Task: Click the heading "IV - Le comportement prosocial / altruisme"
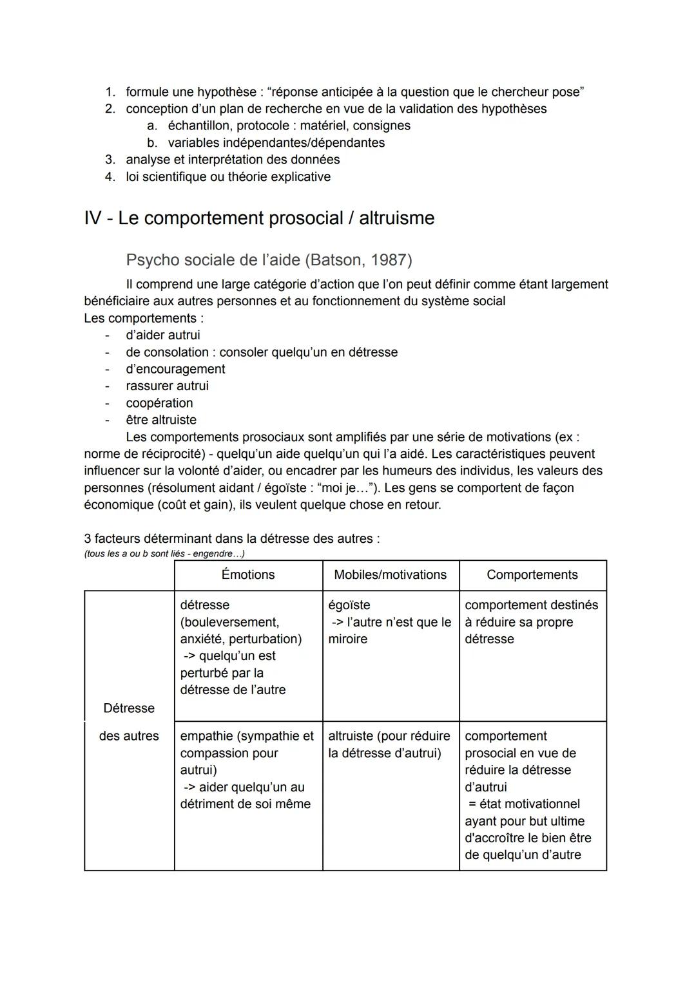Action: (x=259, y=218)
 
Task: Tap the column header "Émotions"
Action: (x=248, y=575)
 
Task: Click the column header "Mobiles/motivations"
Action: (x=390, y=575)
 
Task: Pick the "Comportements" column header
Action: (x=532, y=575)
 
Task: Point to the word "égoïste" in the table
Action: (x=349, y=605)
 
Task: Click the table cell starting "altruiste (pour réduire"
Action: (x=389, y=744)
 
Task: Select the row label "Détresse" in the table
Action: (x=129, y=708)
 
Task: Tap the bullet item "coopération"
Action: (x=159, y=403)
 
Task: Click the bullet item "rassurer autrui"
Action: (x=167, y=386)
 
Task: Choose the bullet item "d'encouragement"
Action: (x=175, y=370)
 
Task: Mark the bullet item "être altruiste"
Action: (x=161, y=420)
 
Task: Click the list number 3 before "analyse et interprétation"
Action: (x=110, y=160)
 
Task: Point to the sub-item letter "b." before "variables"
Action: (x=152, y=143)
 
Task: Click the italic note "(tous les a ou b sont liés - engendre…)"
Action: (x=164, y=554)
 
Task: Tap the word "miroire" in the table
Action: (x=347, y=639)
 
